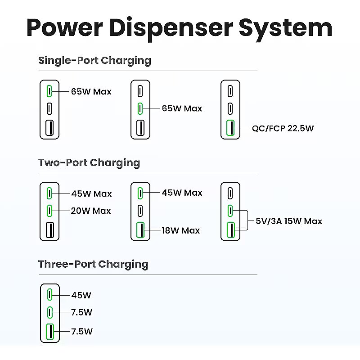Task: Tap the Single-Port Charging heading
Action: coord(94,60)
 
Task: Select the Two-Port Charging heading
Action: coord(89,162)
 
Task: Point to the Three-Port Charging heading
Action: coord(93,264)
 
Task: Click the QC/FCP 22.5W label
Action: coord(283,128)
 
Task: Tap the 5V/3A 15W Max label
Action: coord(289,221)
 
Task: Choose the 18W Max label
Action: coord(180,230)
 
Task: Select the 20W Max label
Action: coord(91,211)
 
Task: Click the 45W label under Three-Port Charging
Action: coord(81,295)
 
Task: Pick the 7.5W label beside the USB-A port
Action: coord(82,332)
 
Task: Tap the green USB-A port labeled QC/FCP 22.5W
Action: coord(230,128)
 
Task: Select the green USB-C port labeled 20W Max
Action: coord(49,210)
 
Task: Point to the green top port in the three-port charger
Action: coord(49,295)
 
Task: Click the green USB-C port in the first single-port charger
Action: coord(49,91)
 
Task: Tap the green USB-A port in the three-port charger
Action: coord(49,332)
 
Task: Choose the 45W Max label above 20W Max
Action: coord(91,194)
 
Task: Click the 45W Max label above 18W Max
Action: coord(182,193)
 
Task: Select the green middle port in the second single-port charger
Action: coord(140,108)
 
